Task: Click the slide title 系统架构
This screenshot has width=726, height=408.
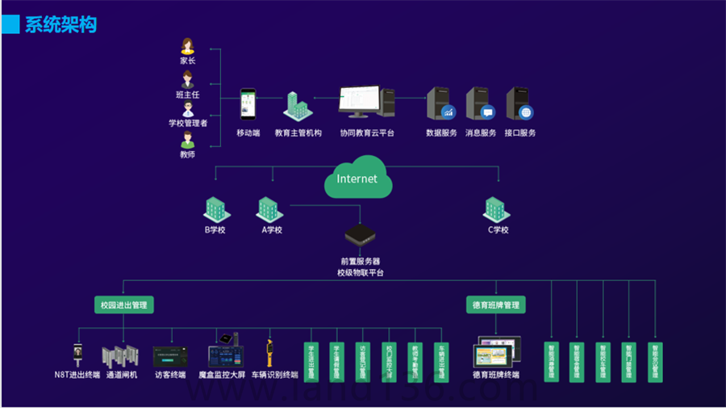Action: [60, 24]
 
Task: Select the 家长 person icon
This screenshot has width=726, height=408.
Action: [188, 46]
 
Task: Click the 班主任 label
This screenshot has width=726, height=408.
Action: [187, 95]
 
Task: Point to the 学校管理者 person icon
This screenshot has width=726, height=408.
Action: [188, 109]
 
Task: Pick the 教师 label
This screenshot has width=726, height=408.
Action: [187, 154]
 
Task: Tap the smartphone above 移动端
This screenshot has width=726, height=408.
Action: [248, 106]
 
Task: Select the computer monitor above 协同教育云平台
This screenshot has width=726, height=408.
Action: [360, 103]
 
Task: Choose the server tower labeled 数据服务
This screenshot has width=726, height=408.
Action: [440, 104]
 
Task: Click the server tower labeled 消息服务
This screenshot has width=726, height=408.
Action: [480, 104]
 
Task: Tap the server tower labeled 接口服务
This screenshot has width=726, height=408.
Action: [519, 104]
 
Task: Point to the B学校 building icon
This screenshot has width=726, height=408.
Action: [215, 210]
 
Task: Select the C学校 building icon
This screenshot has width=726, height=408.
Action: [497, 210]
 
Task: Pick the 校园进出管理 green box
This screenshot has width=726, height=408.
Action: [123, 305]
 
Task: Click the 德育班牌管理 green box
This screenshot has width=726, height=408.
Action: [496, 305]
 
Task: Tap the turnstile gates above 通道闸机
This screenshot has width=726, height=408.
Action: [121, 356]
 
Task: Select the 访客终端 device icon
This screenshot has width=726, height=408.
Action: [170, 356]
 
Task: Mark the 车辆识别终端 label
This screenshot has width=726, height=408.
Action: [274, 375]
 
